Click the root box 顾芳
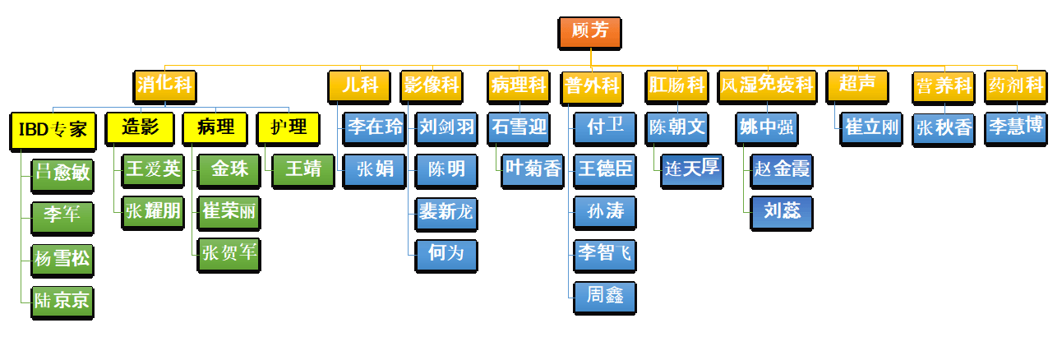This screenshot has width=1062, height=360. click(590, 32)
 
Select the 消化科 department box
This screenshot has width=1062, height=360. click(166, 85)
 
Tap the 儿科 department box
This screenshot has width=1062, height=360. click(359, 85)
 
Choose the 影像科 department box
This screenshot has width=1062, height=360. click(432, 85)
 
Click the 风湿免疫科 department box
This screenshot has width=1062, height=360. click(767, 85)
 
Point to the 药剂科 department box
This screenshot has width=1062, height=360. click(1015, 85)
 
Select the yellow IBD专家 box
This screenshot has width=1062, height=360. click(53, 129)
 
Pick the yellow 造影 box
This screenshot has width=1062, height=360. click(141, 127)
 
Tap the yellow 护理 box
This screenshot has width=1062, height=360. click(289, 127)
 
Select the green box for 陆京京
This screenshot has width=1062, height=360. click(62, 301)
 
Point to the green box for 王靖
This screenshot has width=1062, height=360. click(303, 170)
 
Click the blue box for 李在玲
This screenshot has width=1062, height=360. click(375, 127)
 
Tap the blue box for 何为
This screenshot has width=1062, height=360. click(447, 254)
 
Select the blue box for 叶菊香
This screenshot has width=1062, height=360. click(533, 170)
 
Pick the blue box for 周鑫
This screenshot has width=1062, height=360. click(605, 296)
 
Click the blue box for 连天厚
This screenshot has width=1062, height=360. click(692, 170)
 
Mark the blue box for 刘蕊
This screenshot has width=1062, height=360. click(783, 212)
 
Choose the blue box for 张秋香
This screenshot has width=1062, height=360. click(944, 128)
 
